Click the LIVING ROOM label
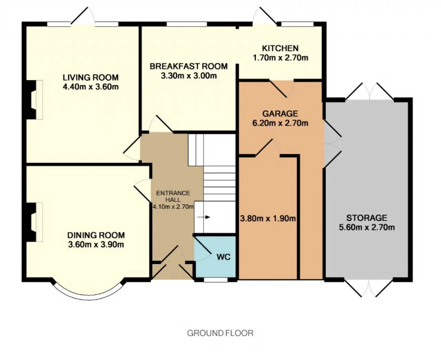91,77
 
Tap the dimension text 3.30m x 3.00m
188,76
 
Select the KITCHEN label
280,48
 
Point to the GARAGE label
280,114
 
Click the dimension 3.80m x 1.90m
268,219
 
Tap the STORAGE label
367,218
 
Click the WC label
224,257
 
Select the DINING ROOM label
96,235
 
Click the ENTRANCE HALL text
173,197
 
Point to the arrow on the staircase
204,217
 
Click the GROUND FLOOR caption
220,333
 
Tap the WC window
216,280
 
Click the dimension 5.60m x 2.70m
367,227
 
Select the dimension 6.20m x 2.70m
280,123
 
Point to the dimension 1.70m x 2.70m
280,58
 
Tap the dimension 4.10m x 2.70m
173,207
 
